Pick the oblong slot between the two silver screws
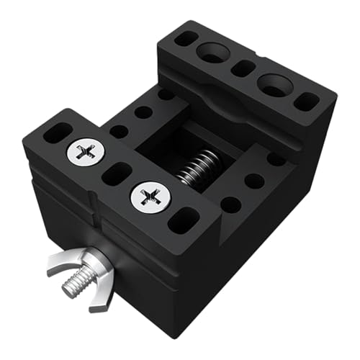[116, 174]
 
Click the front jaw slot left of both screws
[58, 132]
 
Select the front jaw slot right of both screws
[184, 220]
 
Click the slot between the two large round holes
[243, 68]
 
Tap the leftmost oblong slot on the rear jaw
[185, 38]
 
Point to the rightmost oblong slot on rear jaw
[305, 101]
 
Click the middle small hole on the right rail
[253, 181]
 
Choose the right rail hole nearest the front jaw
[230, 205]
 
